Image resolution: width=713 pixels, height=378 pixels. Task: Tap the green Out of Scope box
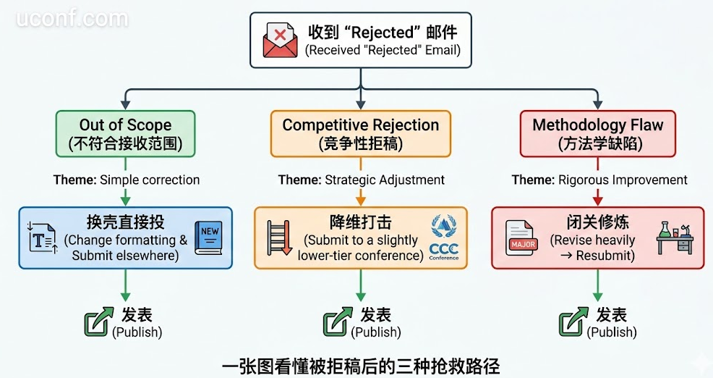(x=125, y=133)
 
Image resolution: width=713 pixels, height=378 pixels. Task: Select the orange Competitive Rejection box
(x=360, y=133)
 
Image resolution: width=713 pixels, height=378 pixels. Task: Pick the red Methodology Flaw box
(x=597, y=133)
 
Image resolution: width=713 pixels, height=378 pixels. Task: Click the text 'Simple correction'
(x=150, y=180)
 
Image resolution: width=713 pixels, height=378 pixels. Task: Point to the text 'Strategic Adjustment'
(x=384, y=180)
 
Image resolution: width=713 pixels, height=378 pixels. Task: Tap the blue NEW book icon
(x=209, y=238)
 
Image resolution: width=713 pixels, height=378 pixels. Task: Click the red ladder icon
(x=278, y=238)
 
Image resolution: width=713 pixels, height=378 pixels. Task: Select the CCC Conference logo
(x=444, y=238)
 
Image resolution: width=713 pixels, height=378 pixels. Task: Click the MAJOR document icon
(x=523, y=238)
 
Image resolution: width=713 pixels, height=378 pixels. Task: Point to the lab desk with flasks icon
(x=675, y=237)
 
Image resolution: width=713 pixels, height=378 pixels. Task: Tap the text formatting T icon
(x=43, y=238)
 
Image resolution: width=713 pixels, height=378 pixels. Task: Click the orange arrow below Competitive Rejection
(x=360, y=196)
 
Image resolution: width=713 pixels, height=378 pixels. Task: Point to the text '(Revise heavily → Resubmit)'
(x=592, y=248)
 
